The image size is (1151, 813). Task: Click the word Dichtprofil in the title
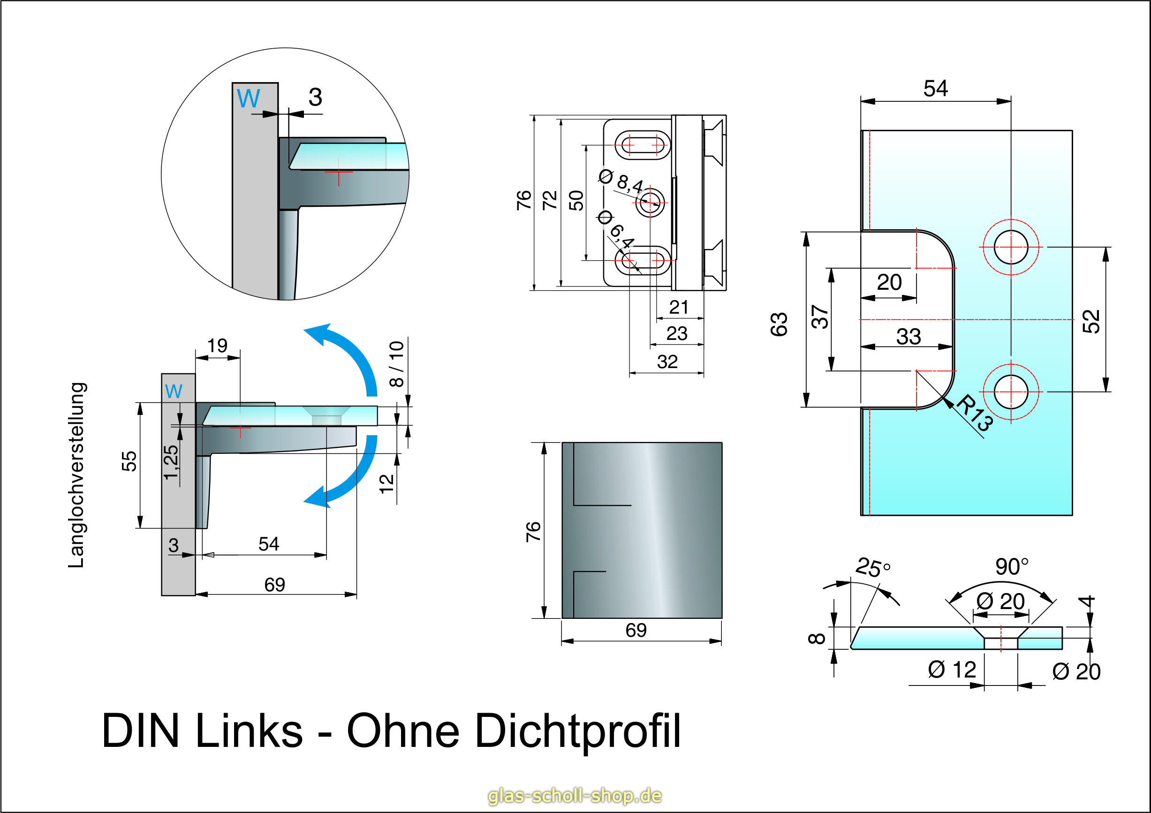577,732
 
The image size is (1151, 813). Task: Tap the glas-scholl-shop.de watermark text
575,796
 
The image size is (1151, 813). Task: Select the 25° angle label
873,567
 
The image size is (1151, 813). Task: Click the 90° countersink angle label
1012,566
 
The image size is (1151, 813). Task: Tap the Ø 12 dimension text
952,670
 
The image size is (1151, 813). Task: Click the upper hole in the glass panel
1011,247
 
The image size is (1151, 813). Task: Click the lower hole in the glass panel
1011,392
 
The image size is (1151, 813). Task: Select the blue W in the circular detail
248,98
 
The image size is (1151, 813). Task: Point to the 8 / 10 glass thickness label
396,364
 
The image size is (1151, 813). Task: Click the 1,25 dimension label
171,462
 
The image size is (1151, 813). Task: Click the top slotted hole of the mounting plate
642,145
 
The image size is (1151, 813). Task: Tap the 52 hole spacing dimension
1091,321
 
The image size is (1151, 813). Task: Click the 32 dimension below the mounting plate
667,362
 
